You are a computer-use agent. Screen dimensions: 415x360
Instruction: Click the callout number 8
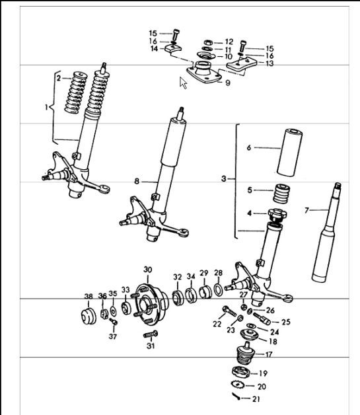(x=137, y=180)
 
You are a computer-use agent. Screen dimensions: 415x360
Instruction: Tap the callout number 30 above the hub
(x=147, y=270)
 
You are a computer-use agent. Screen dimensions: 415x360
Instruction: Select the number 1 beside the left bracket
(x=47, y=106)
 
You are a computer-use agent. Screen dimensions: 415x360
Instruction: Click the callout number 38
(x=89, y=297)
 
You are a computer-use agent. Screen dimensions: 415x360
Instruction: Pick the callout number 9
(x=227, y=83)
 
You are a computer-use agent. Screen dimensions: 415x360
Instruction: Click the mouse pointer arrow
(x=184, y=83)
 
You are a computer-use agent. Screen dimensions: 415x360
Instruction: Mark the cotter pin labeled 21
(x=238, y=396)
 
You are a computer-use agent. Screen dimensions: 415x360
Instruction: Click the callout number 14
(x=153, y=49)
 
